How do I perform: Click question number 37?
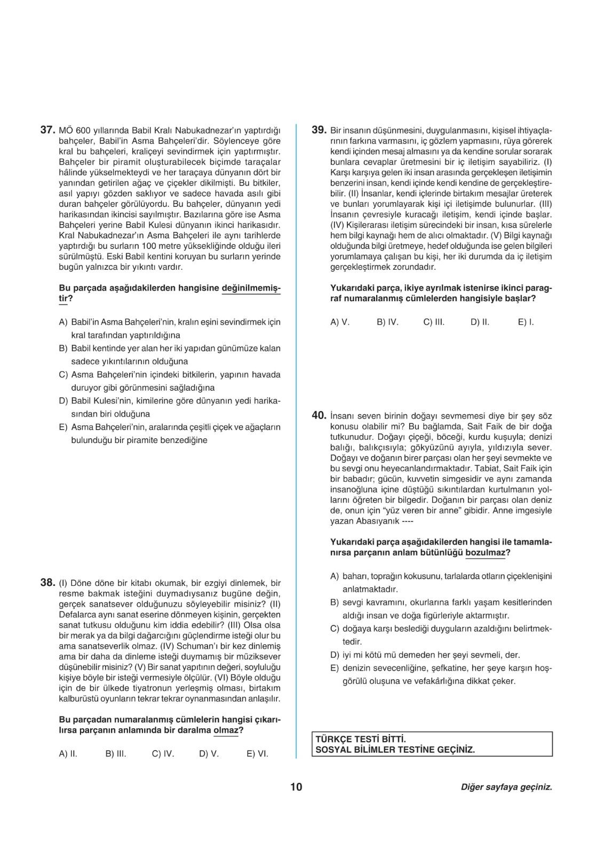click(x=47, y=130)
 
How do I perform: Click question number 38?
click(x=47, y=583)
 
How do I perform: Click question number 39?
click(x=319, y=130)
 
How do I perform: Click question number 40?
click(x=319, y=416)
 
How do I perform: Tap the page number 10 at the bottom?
click(x=296, y=787)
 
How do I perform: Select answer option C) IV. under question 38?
click(x=163, y=754)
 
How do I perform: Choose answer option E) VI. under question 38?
click(x=257, y=754)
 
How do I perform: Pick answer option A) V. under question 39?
click(x=340, y=322)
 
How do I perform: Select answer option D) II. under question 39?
click(x=480, y=322)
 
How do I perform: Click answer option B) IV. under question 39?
click(x=387, y=322)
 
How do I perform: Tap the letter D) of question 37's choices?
click(x=63, y=401)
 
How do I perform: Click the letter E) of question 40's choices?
click(x=335, y=668)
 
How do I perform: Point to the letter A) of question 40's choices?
click(x=335, y=576)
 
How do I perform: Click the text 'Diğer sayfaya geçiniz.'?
click(x=506, y=787)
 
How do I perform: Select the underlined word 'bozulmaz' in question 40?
click(x=485, y=553)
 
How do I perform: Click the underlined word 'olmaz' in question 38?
click(x=225, y=730)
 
